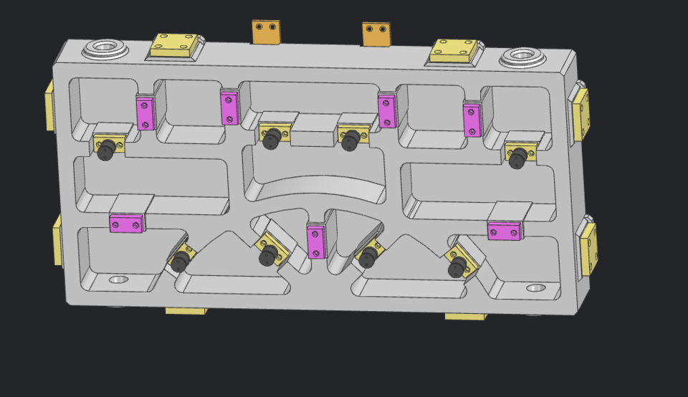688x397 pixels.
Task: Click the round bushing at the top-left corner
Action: pyautogui.click(x=105, y=49)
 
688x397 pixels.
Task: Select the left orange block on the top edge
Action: pyautogui.click(x=266, y=32)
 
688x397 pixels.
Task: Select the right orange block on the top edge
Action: pyautogui.click(x=376, y=34)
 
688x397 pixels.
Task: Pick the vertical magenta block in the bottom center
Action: pyautogui.click(x=316, y=241)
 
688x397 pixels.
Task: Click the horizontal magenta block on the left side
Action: pyautogui.click(x=126, y=224)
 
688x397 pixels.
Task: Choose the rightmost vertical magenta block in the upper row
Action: pyautogui.click(x=472, y=120)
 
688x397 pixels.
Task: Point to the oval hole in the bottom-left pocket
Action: pyautogui.click(x=118, y=279)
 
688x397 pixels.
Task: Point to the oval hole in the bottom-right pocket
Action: pyautogui.click(x=535, y=288)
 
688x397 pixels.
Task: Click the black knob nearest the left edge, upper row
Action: pyautogui.click(x=107, y=150)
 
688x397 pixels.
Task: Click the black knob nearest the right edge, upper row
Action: pyautogui.click(x=517, y=158)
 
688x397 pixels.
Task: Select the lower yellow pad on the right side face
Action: pyautogui.click(x=589, y=247)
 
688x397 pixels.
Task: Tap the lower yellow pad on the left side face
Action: pyautogui.click(x=57, y=240)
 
